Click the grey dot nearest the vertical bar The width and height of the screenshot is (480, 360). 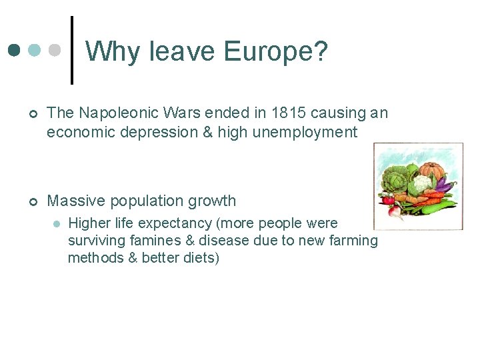(x=56, y=50)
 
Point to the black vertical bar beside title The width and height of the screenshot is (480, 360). (x=72, y=51)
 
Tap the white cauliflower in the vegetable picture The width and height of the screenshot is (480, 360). (x=421, y=183)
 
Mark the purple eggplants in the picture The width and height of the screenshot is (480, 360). (x=445, y=187)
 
